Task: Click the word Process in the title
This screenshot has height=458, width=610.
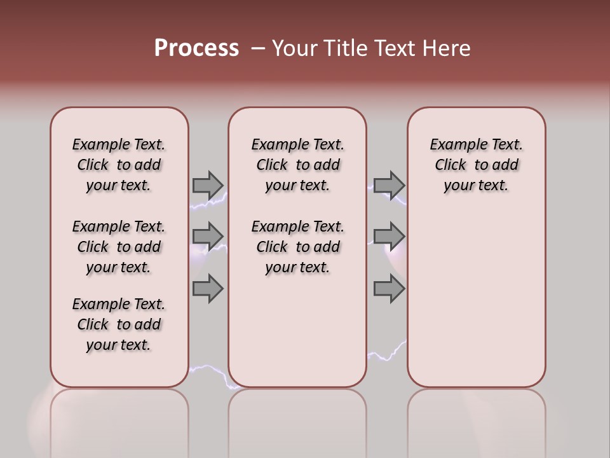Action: point(196,48)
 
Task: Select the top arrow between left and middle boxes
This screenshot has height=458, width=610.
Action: point(208,185)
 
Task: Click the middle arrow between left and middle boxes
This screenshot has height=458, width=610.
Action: point(208,236)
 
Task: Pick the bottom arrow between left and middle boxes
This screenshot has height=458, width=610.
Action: point(208,288)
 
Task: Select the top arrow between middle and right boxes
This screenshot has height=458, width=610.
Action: point(389,185)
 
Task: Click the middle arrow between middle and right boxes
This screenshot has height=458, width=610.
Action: point(389,236)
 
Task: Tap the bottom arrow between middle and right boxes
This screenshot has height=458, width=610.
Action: point(389,288)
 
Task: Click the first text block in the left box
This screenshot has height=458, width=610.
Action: point(119,165)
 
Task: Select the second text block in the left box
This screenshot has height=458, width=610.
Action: point(119,247)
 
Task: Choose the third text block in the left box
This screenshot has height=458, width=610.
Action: point(119,324)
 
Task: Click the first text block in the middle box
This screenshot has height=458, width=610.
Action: point(297,165)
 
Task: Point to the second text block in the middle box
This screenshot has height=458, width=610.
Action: point(297,247)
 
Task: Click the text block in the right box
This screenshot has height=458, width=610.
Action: point(476,165)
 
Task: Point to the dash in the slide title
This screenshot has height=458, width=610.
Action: point(258,48)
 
